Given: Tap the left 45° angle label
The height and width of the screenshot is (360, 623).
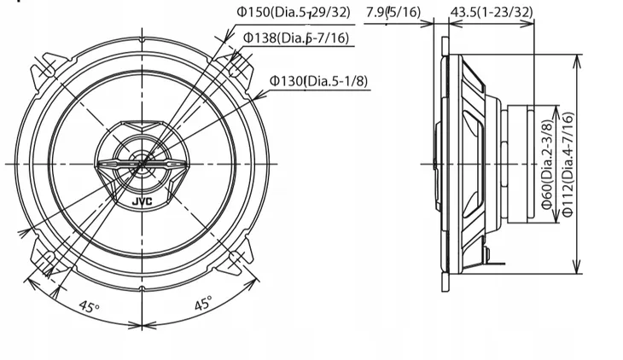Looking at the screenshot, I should pyautogui.click(x=89, y=305).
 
